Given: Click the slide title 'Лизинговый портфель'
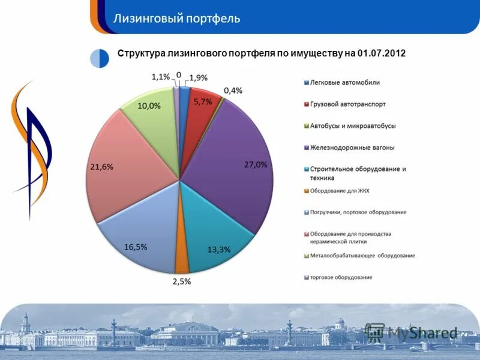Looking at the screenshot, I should click(x=177, y=18).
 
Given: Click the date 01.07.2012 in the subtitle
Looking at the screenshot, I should click(x=381, y=53).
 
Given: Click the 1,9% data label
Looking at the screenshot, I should click(x=199, y=77).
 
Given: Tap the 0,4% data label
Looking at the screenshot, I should click(x=233, y=91).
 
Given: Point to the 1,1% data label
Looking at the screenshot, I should click(x=160, y=76).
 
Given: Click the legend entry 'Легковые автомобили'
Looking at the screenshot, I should click(x=345, y=83).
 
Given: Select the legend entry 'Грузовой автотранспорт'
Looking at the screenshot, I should click(x=348, y=104).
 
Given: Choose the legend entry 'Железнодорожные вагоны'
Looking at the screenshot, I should click(x=352, y=147).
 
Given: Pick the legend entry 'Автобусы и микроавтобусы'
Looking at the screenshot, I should click(x=353, y=126).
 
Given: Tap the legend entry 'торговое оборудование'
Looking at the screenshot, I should click(x=341, y=277).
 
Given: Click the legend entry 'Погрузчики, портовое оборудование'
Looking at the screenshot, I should click(x=358, y=212).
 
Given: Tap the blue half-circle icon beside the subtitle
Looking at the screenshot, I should click(x=100, y=58).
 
